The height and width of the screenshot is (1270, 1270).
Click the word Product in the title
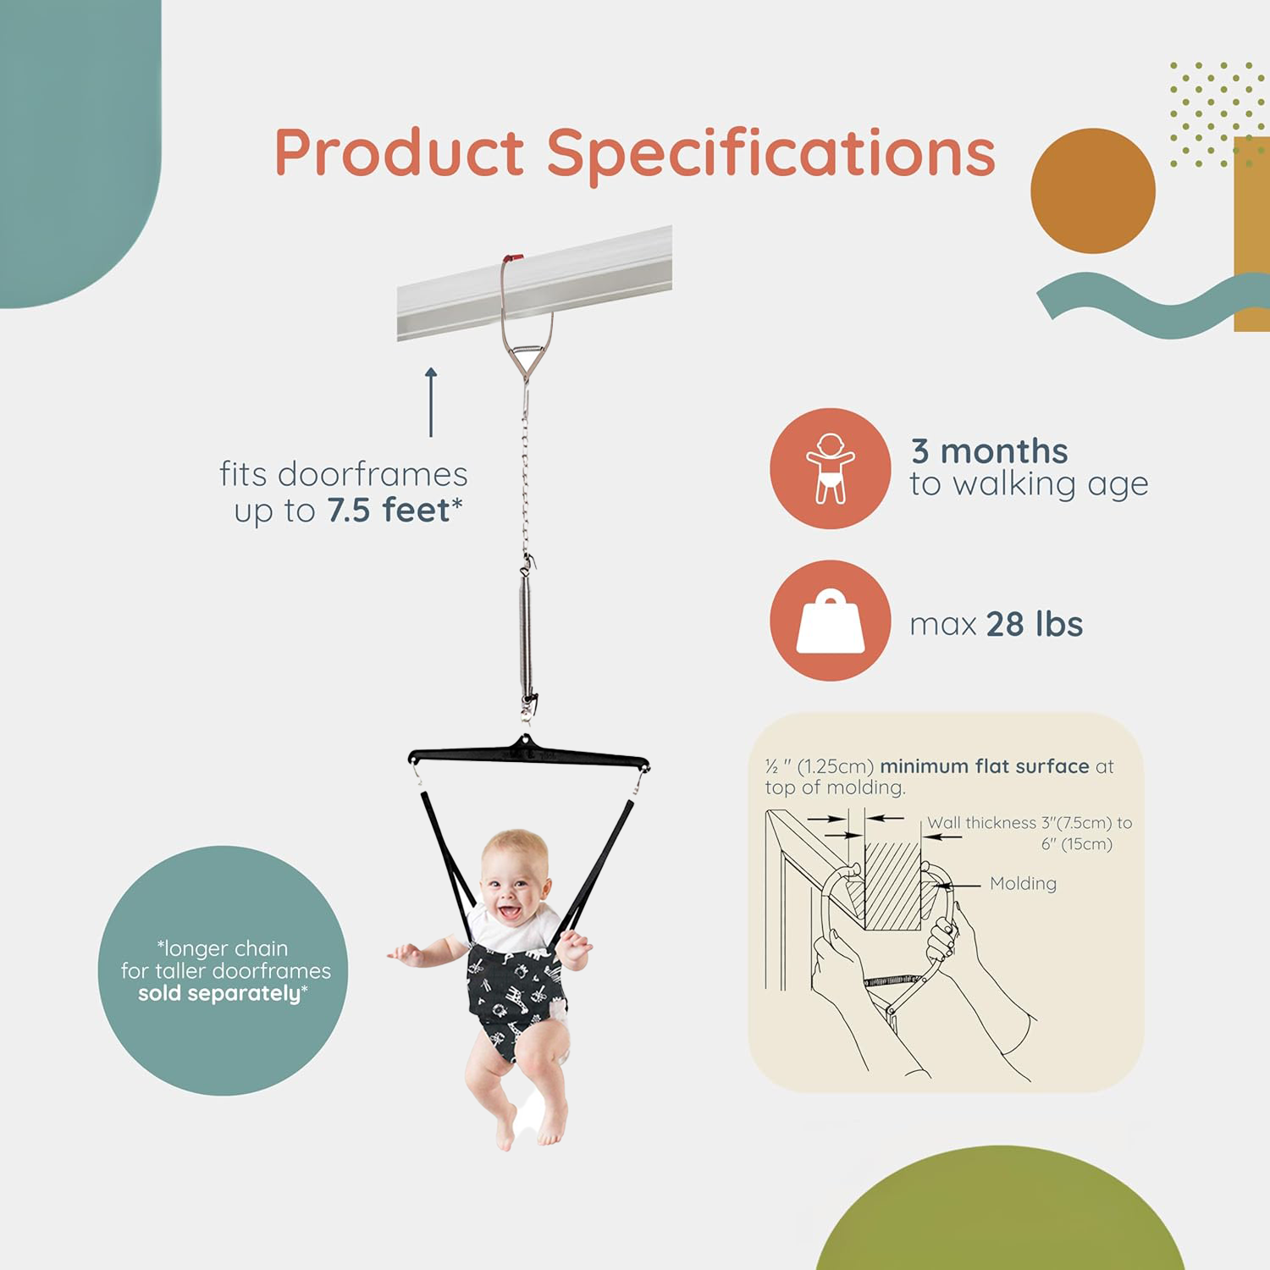(x=399, y=152)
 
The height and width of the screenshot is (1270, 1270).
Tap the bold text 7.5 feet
(x=389, y=511)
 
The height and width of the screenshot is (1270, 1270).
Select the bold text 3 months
(x=989, y=451)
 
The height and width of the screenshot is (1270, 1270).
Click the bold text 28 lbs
(x=1035, y=625)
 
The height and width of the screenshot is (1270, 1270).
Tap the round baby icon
(x=830, y=468)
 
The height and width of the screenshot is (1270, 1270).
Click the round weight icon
(x=830, y=621)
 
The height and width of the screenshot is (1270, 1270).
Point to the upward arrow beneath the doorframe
(x=431, y=402)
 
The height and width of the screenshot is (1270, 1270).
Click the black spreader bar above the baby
(x=528, y=753)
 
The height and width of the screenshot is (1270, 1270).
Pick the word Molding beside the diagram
(x=1023, y=884)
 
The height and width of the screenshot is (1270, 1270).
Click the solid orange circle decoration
(x=1093, y=190)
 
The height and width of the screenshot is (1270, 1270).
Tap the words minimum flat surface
(x=985, y=766)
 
